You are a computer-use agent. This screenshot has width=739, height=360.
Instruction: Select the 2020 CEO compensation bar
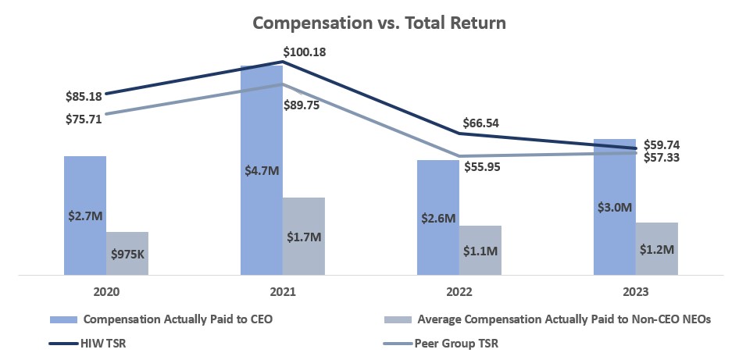tap(84, 187)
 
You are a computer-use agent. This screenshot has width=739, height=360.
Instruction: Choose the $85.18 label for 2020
tap(84, 98)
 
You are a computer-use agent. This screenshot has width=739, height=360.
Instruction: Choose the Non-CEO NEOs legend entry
tap(563, 319)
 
